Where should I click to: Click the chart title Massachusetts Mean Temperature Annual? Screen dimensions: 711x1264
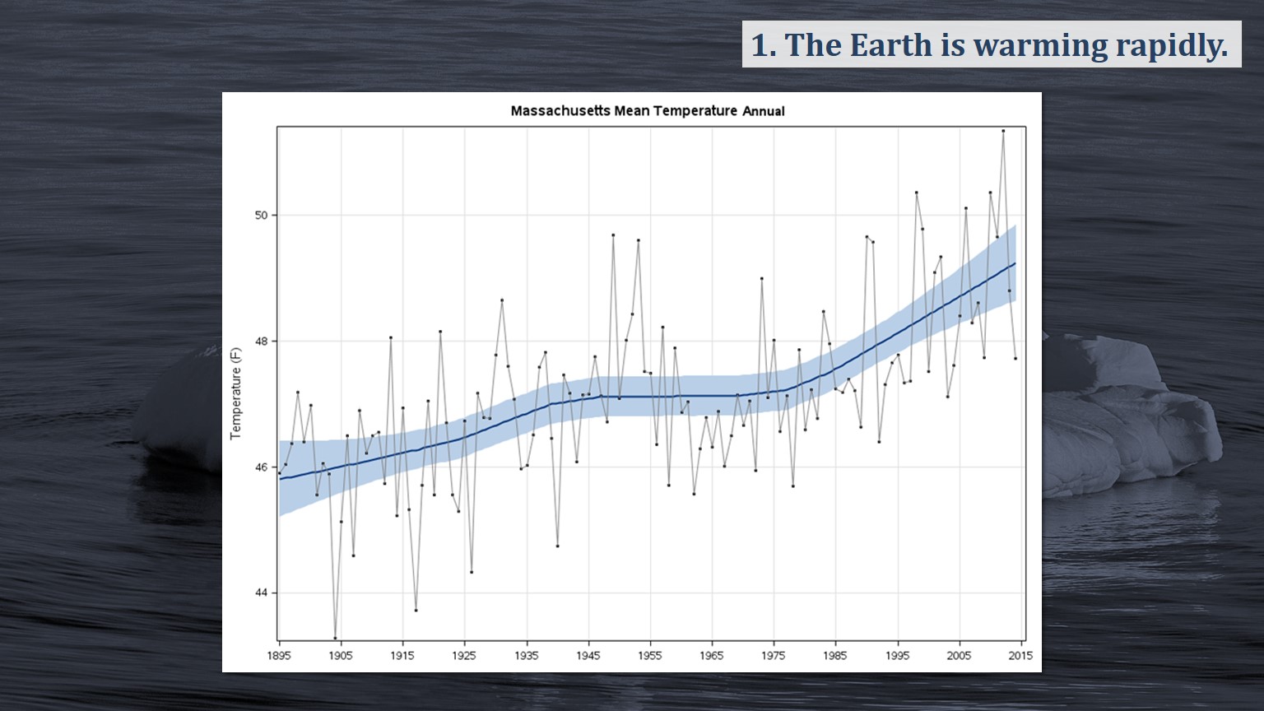tap(647, 111)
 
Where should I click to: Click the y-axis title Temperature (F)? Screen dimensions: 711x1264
tap(236, 393)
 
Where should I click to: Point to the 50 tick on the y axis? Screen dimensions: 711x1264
tap(262, 216)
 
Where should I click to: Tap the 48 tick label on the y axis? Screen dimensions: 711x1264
tap(262, 342)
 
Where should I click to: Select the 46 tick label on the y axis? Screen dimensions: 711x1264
tap(262, 467)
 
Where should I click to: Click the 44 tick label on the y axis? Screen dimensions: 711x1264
tap(262, 593)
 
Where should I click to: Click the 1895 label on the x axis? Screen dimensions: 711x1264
tap(279, 656)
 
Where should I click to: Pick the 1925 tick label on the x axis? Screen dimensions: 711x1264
tap(464, 656)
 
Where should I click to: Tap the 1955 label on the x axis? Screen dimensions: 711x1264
tap(650, 656)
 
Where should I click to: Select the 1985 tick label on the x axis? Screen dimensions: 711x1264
tap(835, 656)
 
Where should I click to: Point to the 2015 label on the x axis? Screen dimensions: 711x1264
tap(1020, 656)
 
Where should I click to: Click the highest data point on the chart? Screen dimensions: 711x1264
tap(1003, 131)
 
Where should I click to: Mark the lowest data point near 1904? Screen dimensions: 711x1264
tap(335, 638)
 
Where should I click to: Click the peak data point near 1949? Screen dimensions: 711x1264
tap(613, 235)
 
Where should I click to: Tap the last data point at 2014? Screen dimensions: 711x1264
tap(1015, 358)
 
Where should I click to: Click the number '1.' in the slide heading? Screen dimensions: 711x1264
tap(763, 45)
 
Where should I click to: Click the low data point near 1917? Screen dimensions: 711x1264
tap(416, 610)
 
